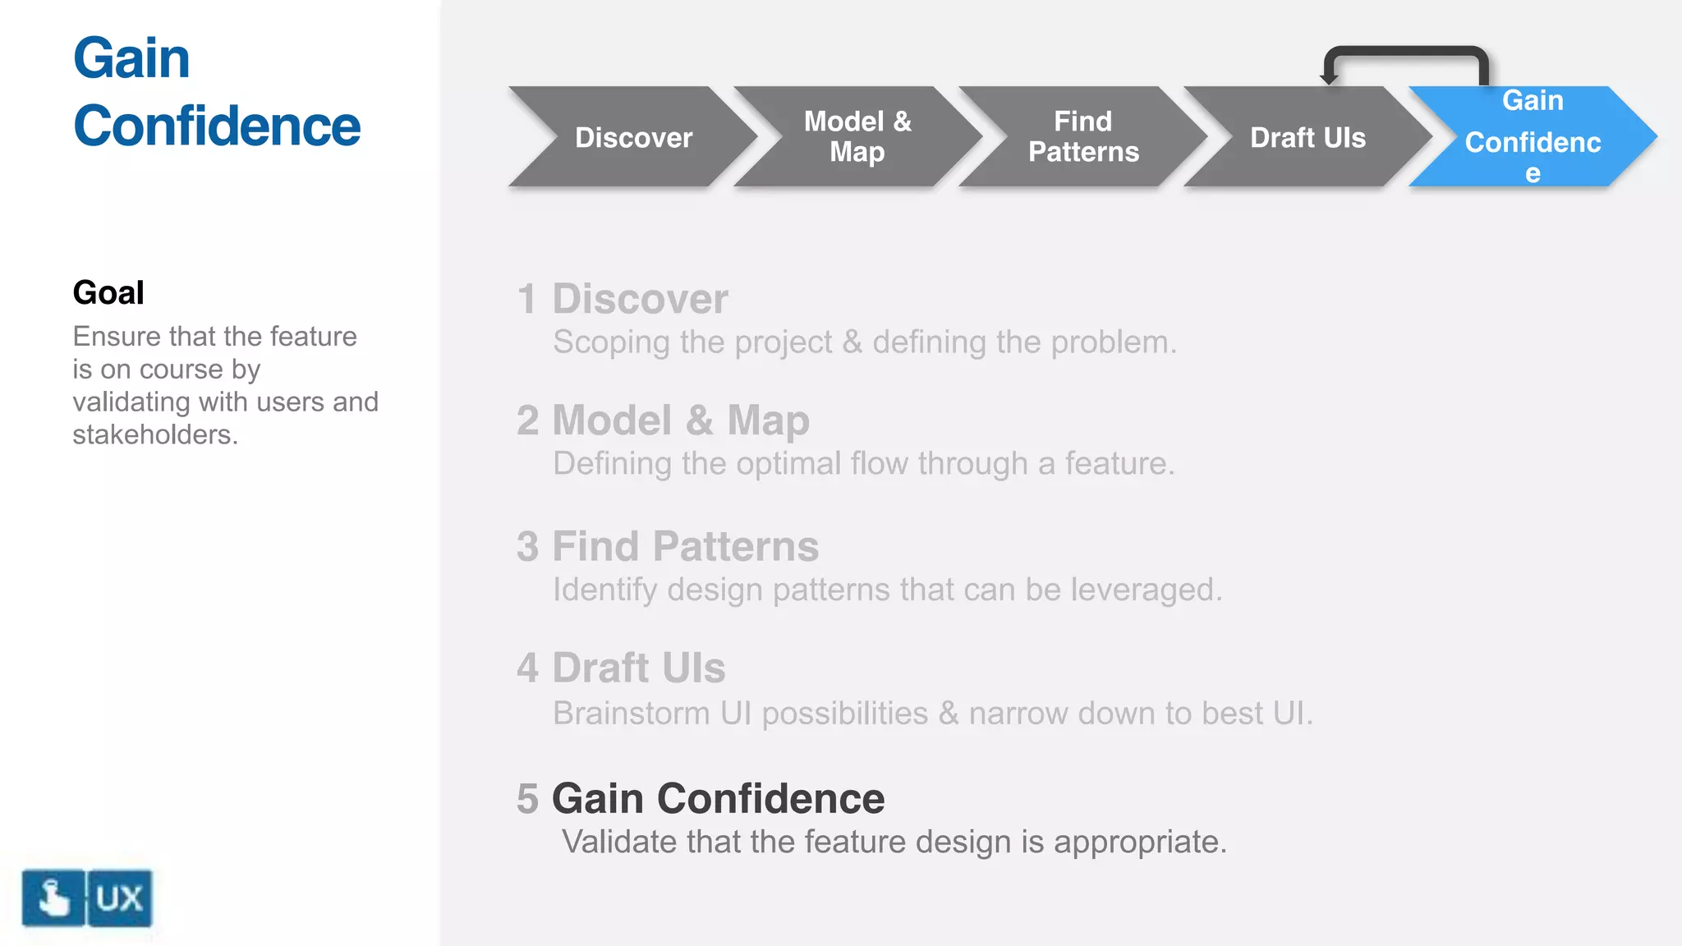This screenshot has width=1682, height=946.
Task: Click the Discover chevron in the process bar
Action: [x=633, y=137]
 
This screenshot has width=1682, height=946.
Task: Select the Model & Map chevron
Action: [x=857, y=137]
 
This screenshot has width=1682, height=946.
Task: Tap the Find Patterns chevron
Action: [x=1083, y=137]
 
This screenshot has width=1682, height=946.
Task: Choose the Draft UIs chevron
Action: [x=1307, y=137]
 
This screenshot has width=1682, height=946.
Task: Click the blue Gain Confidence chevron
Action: [x=1533, y=137]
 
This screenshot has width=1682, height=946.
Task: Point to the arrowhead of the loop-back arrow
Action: [x=1329, y=79]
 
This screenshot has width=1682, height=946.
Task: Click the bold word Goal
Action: [x=108, y=293]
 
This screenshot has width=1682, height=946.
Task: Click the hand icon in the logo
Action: [x=53, y=898]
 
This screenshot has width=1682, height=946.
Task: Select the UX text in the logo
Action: [x=119, y=898]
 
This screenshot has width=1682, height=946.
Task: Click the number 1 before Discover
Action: [x=526, y=299]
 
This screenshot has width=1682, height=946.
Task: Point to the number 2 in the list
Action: [x=527, y=420]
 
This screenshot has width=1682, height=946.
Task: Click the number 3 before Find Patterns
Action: [x=527, y=547]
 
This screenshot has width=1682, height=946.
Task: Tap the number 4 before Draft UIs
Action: [x=527, y=668]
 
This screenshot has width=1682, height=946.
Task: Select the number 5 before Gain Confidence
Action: [x=527, y=798]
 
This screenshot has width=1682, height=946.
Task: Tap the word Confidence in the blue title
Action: [x=217, y=126]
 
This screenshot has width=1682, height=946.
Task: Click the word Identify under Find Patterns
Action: [x=604, y=590]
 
